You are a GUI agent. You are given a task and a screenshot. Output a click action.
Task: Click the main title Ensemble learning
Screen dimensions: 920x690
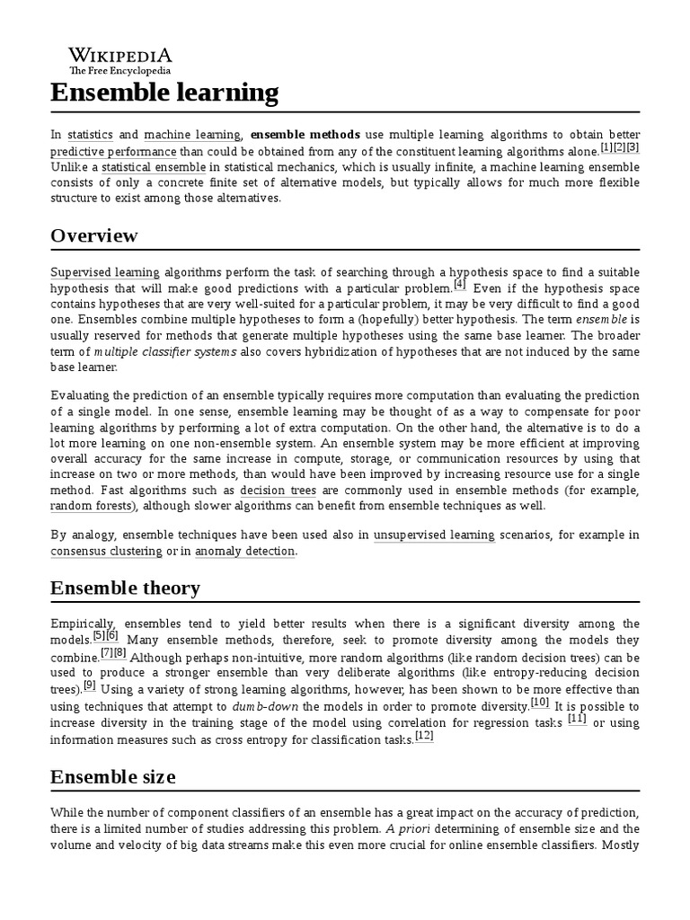(164, 92)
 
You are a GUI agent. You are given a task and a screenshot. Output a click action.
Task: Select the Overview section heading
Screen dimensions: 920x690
(94, 235)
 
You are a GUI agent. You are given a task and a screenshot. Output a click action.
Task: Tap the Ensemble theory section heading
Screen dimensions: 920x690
(125, 588)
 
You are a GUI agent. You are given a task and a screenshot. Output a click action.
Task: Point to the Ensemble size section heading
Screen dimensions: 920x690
(112, 776)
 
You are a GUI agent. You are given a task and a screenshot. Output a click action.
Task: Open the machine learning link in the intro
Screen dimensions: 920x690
(192, 135)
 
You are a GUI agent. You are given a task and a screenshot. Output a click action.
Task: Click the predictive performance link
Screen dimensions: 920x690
(113, 151)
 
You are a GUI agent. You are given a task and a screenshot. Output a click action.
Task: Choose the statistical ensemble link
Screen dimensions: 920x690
(154, 167)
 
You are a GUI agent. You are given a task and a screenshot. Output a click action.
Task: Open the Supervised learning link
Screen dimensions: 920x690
(105, 271)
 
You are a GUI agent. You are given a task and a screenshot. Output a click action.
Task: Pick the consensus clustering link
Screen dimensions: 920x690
(106, 551)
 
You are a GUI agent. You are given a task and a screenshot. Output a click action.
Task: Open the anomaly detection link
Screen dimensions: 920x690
(244, 551)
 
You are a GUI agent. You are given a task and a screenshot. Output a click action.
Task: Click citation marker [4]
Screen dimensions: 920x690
(460, 285)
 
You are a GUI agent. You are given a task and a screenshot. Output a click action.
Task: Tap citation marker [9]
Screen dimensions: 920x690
(89, 686)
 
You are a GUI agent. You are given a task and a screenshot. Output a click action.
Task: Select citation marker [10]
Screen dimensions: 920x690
(540, 702)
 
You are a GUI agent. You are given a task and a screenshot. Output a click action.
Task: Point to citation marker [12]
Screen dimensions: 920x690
(425, 734)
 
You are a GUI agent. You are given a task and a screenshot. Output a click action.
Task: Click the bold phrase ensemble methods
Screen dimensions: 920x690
(305, 135)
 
